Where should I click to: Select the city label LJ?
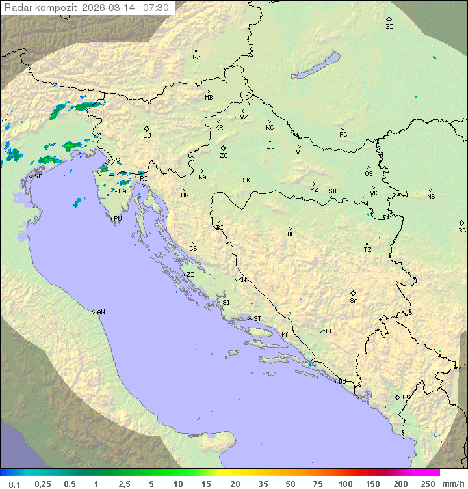tap(147, 135)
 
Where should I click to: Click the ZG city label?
tap(224, 156)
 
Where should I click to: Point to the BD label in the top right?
tap(389, 27)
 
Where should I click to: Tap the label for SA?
tap(354, 301)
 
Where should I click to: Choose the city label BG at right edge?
tap(462, 230)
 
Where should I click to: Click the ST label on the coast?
tap(257, 319)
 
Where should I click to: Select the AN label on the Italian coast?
tap(101, 312)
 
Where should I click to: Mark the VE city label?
tap(38, 176)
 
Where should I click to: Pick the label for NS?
tap(431, 197)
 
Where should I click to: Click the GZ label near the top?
tap(196, 57)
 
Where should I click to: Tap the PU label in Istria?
tap(118, 219)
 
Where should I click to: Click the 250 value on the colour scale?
tap(427, 484)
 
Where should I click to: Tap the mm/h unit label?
tap(452, 484)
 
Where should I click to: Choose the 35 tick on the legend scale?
tap(263, 484)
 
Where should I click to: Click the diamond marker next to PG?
tap(397, 397)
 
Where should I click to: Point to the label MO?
tap(327, 331)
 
